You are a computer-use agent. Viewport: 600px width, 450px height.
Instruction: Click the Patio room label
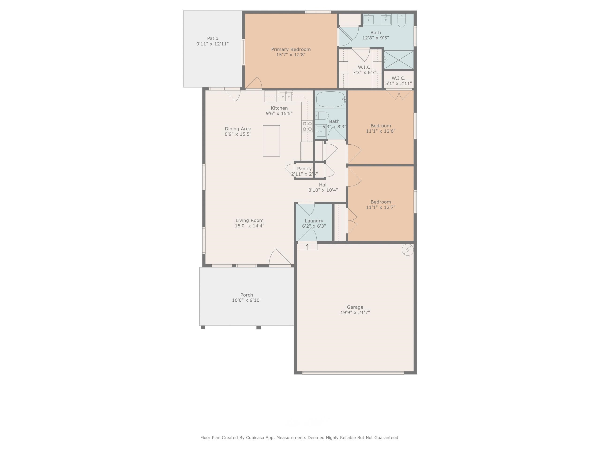(212, 38)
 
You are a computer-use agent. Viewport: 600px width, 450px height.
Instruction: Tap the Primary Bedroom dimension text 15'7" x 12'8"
(291, 55)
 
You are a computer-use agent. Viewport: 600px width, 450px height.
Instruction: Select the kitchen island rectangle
(271, 141)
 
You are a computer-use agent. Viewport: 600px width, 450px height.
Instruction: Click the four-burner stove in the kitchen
(307, 126)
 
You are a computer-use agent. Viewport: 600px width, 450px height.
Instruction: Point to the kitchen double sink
(286, 96)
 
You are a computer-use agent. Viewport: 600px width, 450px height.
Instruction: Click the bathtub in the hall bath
(330, 100)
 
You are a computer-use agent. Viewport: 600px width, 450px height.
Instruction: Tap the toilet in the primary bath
(401, 21)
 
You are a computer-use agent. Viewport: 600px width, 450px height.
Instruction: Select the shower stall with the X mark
(398, 60)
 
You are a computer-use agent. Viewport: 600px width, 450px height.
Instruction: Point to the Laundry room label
(314, 221)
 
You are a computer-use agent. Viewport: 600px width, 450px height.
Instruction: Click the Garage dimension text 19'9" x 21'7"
(355, 312)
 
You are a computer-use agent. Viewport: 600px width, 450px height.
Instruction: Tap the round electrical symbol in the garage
(407, 250)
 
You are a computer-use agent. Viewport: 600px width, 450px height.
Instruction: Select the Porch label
(247, 295)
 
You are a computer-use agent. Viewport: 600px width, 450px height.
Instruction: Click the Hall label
(323, 185)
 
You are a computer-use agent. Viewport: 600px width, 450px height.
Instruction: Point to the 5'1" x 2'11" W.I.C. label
(398, 83)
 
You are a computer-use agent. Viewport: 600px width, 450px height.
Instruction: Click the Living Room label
(249, 221)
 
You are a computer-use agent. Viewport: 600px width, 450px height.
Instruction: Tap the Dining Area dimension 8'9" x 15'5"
(238, 134)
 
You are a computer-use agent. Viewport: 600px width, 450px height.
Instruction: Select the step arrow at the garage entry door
(307, 246)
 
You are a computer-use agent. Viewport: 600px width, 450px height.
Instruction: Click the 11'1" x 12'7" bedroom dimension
(381, 207)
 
